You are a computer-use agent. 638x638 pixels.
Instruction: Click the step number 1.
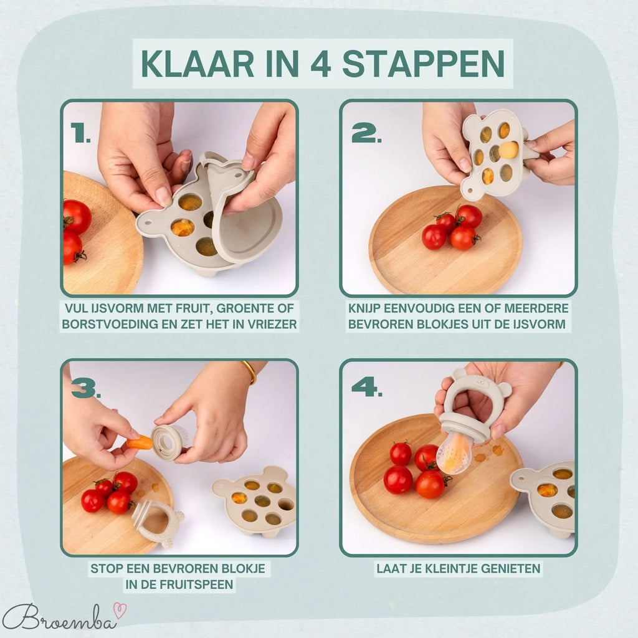click(80, 133)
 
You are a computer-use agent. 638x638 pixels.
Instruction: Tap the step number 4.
click(366, 387)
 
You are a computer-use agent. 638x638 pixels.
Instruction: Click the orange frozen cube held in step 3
click(141, 442)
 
